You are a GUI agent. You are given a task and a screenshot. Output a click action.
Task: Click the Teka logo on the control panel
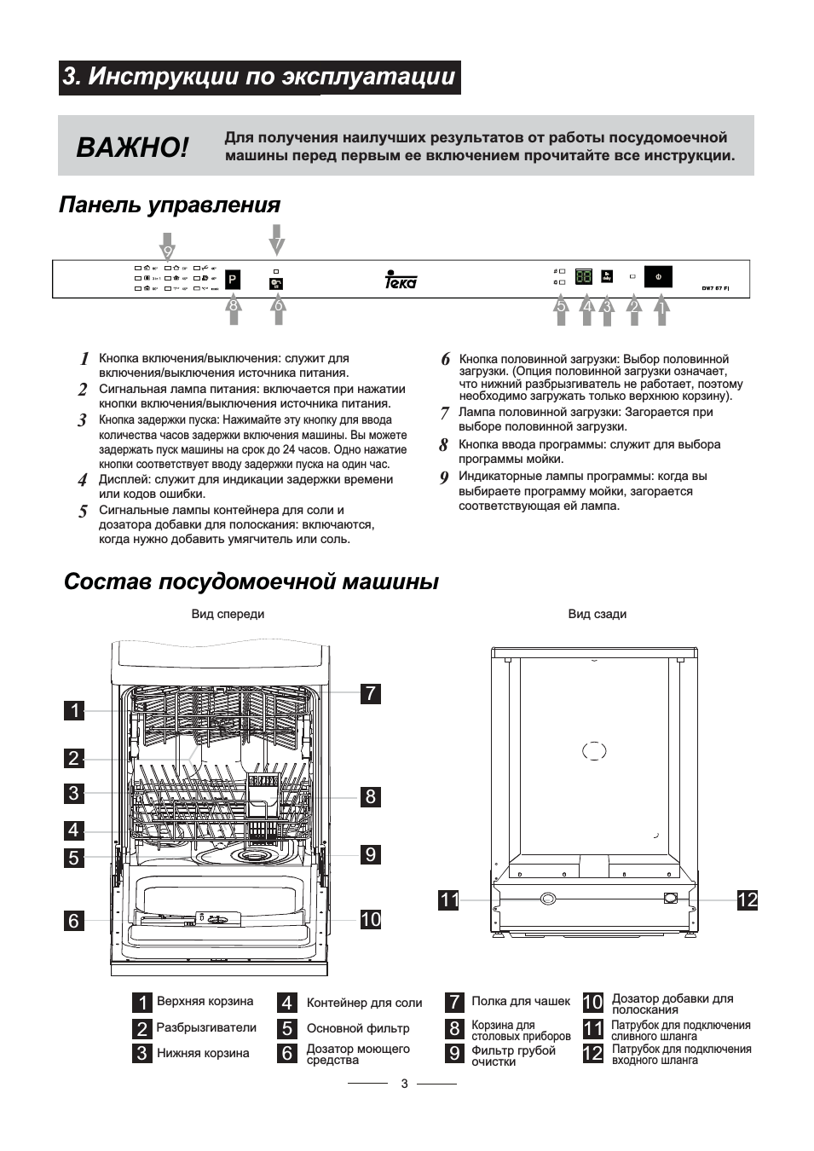[x=401, y=280]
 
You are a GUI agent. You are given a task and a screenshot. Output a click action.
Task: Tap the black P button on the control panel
[x=232, y=280]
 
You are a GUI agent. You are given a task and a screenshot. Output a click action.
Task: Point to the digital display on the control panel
[x=584, y=277]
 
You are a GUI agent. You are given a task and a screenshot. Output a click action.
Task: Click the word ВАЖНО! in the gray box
[x=132, y=147]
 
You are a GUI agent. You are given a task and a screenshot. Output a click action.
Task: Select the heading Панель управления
[x=170, y=205]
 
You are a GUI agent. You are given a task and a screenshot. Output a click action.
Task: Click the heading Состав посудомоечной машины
[x=251, y=582]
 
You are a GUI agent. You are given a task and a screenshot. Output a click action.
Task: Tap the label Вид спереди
[x=228, y=614]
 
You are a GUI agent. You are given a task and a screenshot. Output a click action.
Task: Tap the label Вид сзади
[x=597, y=614]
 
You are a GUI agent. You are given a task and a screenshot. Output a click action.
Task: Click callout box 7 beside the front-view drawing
[x=370, y=693]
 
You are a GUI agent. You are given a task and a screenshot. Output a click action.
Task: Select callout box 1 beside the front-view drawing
[x=74, y=710]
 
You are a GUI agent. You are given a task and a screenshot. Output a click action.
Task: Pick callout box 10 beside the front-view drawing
[x=370, y=919]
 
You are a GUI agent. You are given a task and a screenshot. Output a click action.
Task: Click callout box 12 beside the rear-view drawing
[x=747, y=899]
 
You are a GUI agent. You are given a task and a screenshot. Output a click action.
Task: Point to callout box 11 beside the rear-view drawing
[x=449, y=899]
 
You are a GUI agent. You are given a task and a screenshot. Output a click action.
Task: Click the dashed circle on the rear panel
[x=594, y=750]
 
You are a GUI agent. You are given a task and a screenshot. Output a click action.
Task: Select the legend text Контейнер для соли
[x=364, y=1003]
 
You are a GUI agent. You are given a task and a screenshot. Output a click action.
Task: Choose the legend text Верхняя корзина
[x=205, y=1001]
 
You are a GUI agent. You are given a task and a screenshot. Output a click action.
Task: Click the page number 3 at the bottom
[x=404, y=1084]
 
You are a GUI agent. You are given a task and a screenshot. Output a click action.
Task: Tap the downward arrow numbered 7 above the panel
[x=276, y=240]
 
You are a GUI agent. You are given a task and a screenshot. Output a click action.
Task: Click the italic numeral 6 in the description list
[x=445, y=360]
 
